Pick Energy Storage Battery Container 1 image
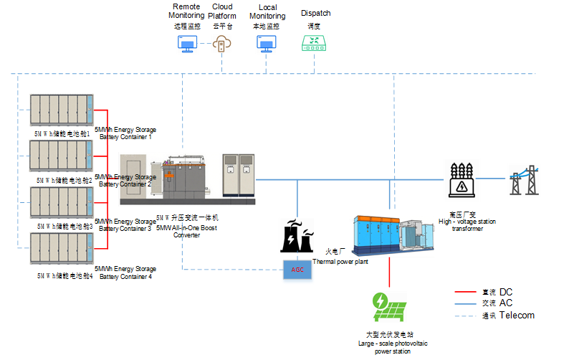pos(61,111)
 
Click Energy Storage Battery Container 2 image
pos(61,157)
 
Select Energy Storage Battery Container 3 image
pos(61,203)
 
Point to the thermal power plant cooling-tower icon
pos(296,235)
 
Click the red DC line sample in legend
pos(467,292)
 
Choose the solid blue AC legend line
pos(467,303)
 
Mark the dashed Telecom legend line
pos(467,315)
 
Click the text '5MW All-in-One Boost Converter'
pos(186,231)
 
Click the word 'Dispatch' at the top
pos(316,13)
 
